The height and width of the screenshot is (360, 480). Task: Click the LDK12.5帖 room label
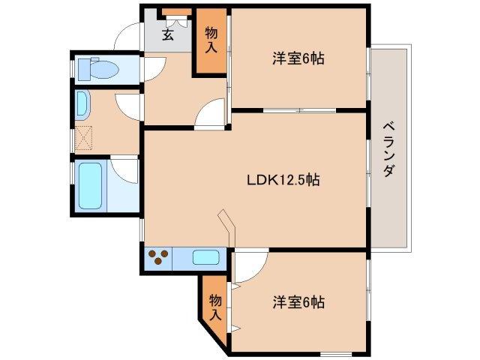pyautogui.click(x=284, y=180)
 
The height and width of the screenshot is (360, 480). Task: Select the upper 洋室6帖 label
pyautogui.click(x=298, y=59)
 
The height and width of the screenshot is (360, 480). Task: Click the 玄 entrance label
pyautogui.click(x=168, y=34)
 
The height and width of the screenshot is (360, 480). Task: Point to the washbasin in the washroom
pyautogui.click(x=82, y=104)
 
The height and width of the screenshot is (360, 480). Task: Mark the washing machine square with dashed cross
pyautogui.click(x=83, y=137)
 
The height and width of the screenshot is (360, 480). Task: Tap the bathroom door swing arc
pyautogui.click(x=125, y=170)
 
